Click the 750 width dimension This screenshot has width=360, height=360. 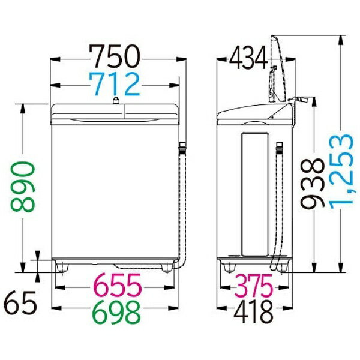click(115, 56)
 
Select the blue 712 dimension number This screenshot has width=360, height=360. click(115, 84)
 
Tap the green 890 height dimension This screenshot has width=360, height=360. click(23, 187)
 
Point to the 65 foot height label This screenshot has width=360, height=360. click(20, 303)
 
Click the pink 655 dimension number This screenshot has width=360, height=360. click(117, 286)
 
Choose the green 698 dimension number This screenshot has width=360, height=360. click(117, 312)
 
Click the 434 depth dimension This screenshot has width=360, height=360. click(248, 58)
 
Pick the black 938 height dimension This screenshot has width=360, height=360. click(312, 184)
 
